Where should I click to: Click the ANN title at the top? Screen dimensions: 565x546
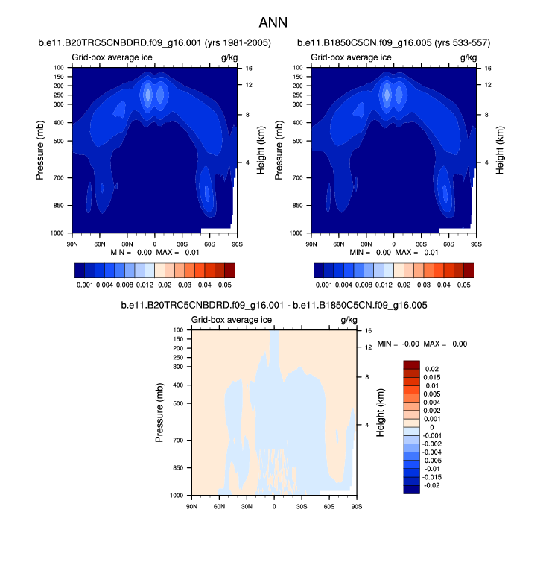[x=273, y=23]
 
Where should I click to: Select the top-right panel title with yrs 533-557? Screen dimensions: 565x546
[x=393, y=43]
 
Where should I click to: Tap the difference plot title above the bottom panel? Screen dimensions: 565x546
[x=273, y=306]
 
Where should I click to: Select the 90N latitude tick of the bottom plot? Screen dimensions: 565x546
[x=191, y=506]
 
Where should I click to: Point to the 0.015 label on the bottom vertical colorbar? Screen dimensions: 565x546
[x=434, y=378]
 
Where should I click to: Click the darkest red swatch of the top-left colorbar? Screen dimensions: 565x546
[x=229, y=270]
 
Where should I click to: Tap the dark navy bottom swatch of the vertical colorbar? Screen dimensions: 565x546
[x=412, y=488]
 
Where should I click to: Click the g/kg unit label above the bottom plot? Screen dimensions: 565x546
[x=349, y=320]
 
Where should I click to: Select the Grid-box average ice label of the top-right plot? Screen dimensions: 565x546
[x=350, y=57]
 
